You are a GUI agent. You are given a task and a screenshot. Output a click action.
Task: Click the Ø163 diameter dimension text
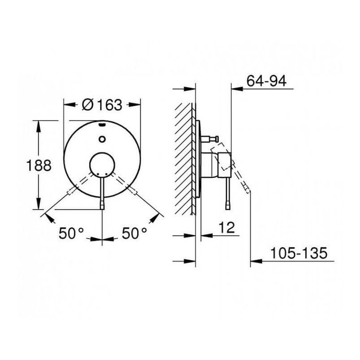[x=102, y=105]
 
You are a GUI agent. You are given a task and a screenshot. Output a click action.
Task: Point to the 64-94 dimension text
[x=267, y=81]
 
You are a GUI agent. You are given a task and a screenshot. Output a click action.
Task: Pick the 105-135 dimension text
[x=298, y=253]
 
